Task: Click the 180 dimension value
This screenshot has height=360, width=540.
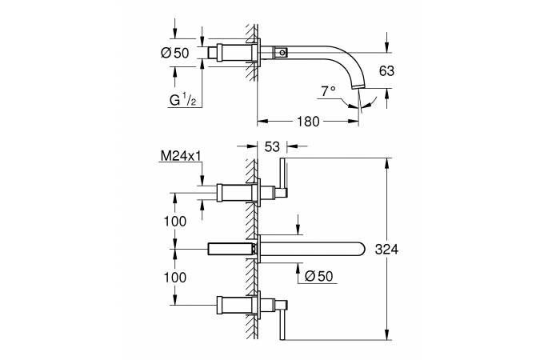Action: coord(308,122)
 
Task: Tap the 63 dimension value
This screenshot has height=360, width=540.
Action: coord(386,71)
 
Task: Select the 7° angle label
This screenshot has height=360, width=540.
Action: coord(328,91)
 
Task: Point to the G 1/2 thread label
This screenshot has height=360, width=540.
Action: coord(182,100)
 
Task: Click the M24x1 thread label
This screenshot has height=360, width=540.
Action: coord(181,156)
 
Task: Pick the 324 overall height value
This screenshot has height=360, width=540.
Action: coord(386,249)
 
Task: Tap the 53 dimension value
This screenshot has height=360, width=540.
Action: coord(272,146)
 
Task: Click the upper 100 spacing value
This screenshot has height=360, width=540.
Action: coord(175,221)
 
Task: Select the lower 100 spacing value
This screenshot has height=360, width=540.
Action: coord(175,277)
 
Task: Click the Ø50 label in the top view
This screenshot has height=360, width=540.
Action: coord(175,53)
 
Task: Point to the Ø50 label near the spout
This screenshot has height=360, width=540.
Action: coord(319,276)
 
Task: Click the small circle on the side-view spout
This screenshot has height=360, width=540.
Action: coord(282,53)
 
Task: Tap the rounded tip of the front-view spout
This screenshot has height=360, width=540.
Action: coord(362,249)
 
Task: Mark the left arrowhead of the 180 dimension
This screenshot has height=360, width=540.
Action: coord(262,121)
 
